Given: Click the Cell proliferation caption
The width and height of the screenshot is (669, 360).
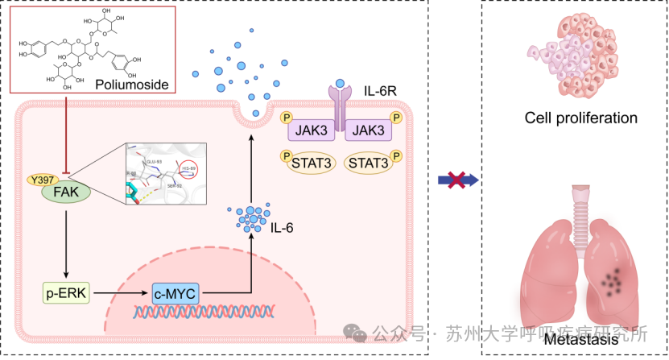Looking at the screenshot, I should pos(580,118).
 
